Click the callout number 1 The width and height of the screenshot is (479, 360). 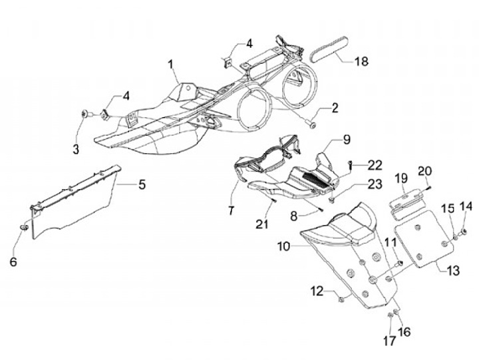[x=171, y=65]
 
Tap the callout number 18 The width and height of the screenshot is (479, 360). [x=361, y=62]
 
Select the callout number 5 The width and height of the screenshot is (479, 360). [x=141, y=184]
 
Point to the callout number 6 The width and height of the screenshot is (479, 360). [x=13, y=262]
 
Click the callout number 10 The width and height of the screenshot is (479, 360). [x=284, y=247]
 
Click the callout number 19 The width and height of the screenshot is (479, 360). [x=401, y=178]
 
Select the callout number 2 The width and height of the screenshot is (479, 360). [x=334, y=106]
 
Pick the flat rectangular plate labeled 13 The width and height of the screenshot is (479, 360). [x=426, y=238]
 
